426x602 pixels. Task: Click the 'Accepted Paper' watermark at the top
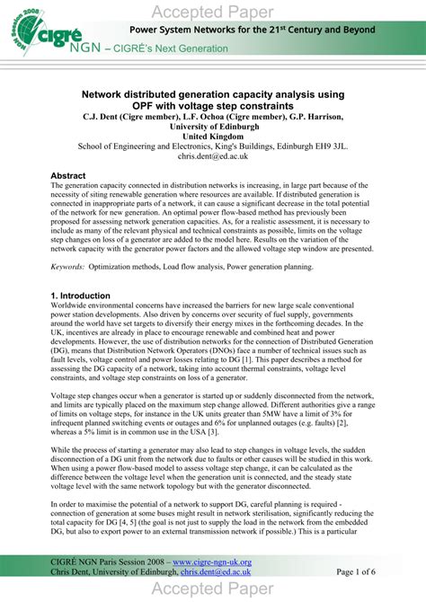point(213,11)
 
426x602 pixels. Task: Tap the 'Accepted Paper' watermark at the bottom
point(213,589)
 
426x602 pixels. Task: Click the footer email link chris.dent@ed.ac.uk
point(212,571)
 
